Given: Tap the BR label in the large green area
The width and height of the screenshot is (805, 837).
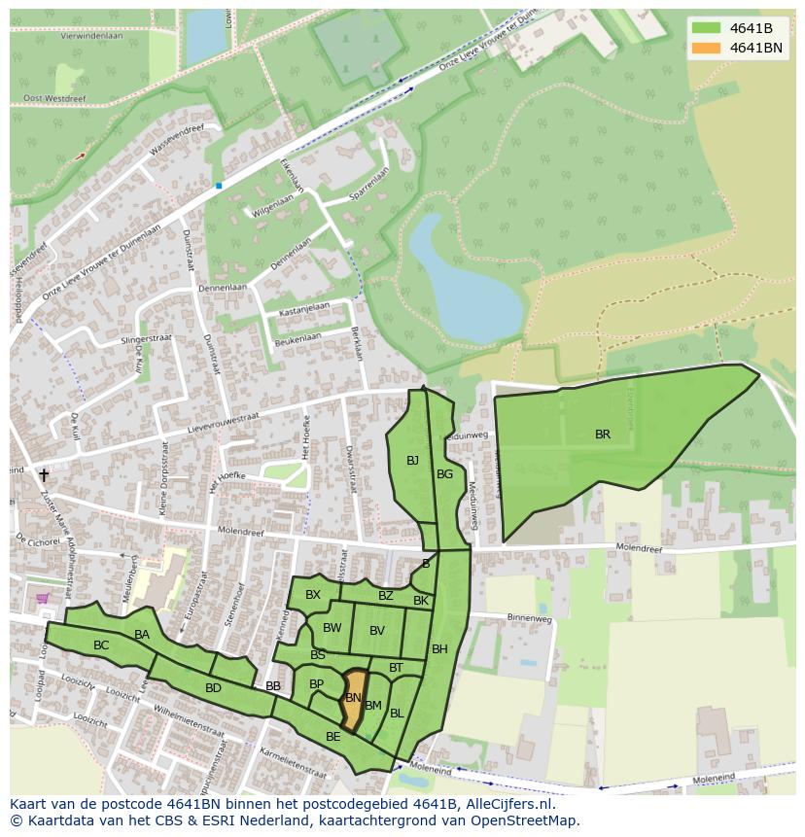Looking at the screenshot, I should tap(603, 435).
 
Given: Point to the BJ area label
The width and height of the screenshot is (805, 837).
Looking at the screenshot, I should tap(412, 461).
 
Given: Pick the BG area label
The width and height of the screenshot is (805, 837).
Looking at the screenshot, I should tap(444, 474).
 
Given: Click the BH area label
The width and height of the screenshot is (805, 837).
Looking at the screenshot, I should tap(439, 649).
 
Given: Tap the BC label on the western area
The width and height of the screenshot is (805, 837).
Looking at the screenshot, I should tap(101, 645).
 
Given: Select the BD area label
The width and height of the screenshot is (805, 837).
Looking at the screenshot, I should tap(213, 688).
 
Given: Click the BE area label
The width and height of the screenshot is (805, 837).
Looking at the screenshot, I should tap(332, 737).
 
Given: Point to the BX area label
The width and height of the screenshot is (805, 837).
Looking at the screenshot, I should tap(312, 595).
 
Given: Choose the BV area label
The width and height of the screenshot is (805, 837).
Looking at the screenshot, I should tap(377, 631).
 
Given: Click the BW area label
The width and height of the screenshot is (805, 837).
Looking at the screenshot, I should tap(332, 628).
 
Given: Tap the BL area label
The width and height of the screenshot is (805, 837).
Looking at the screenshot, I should tap(397, 714).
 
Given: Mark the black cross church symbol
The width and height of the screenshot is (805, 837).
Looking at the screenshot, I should tap(44, 475).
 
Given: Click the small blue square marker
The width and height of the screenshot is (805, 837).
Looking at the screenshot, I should tap(219, 185).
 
